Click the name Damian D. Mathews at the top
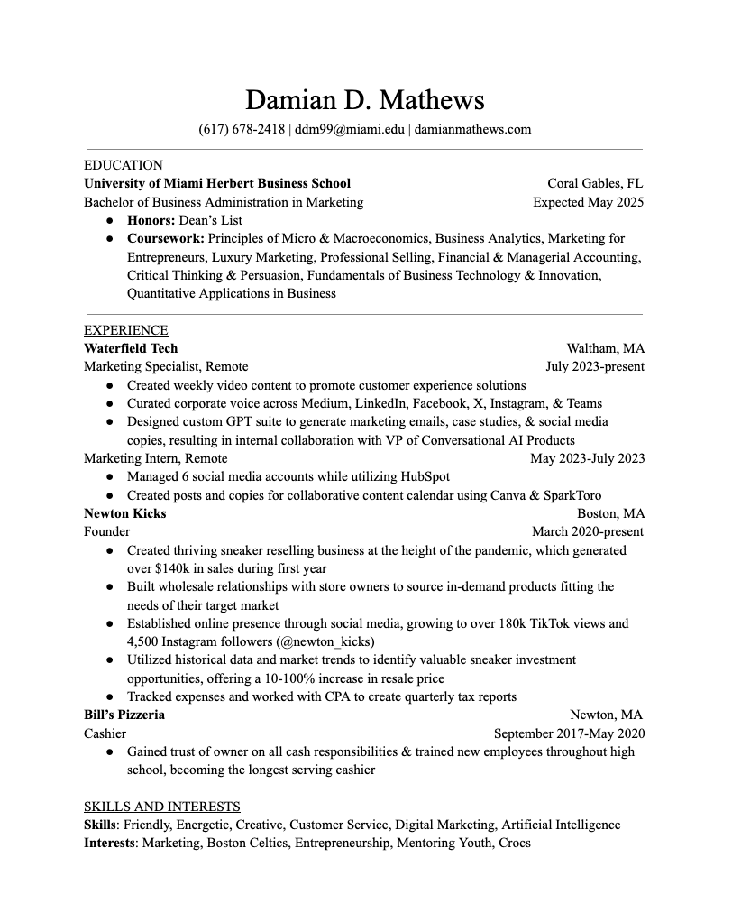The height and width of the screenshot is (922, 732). click(365, 99)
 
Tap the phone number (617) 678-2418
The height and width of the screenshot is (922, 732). click(242, 129)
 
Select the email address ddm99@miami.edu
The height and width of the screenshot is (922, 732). click(350, 129)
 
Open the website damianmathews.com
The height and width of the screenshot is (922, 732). click(472, 129)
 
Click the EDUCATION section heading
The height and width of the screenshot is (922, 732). click(124, 165)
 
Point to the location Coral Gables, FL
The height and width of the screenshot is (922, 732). click(595, 183)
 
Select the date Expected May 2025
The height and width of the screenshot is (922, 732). click(588, 202)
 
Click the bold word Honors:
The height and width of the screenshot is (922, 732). click(151, 220)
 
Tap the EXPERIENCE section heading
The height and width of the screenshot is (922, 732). click(126, 330)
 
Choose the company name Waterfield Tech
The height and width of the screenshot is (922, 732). click(131, 348)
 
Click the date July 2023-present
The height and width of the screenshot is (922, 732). click(595, 366)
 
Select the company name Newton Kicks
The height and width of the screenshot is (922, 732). click(125, 513)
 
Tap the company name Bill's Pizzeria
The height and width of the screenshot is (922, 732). click(124, 715)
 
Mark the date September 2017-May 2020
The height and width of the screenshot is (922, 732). click(569, 733)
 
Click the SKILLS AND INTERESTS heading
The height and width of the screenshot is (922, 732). click(162, 807)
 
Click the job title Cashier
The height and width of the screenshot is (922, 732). click(105, 733)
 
